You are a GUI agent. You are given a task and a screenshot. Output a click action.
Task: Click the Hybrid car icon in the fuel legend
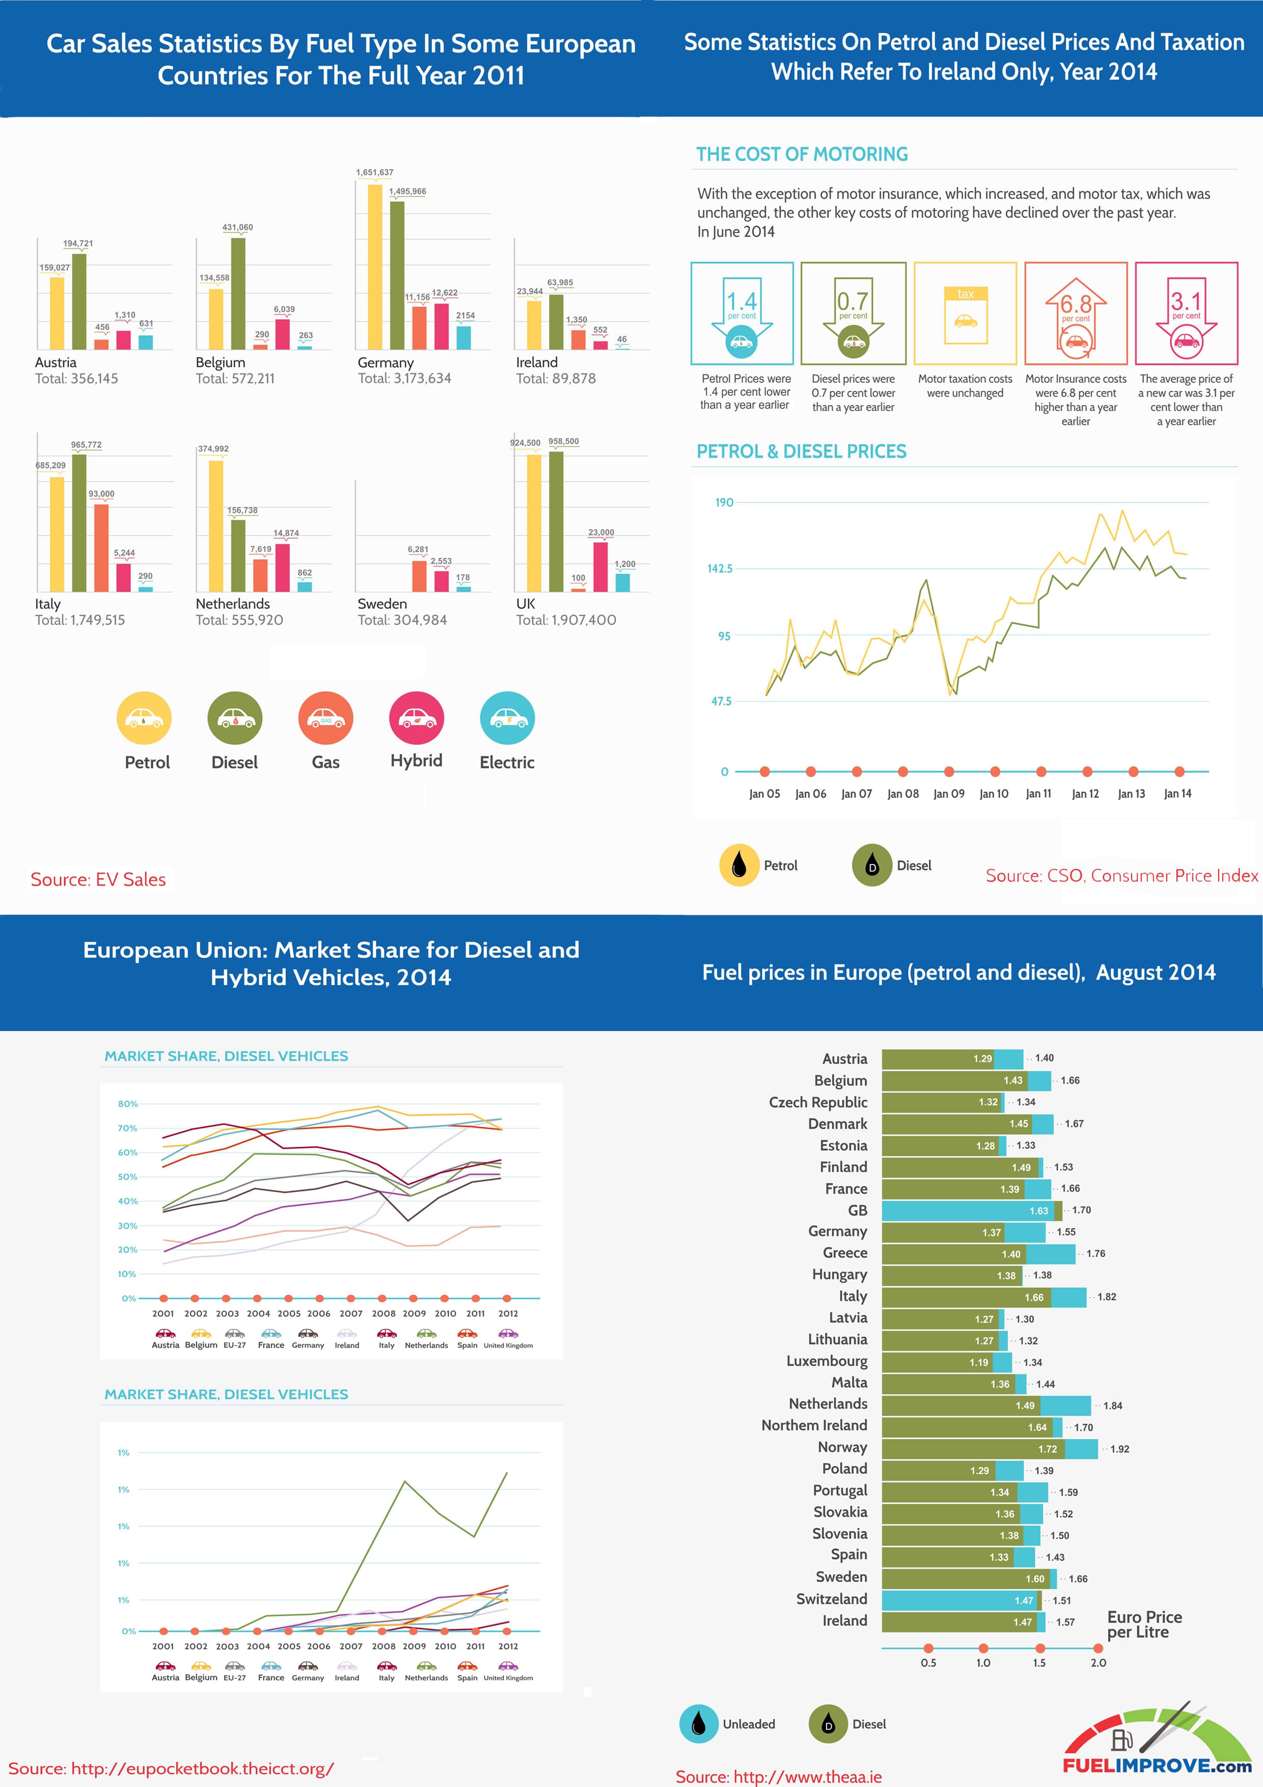pyautogui.click(x=416, y=718)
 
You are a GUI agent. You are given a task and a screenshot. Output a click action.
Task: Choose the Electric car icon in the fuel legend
pyautogui.click(x=507, y=718)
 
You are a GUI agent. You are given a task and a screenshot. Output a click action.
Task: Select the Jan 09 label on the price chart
pyautogui.click(x=949, y=794)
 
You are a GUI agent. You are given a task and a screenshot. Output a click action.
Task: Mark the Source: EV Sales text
pyautogui.click(x=98, y=879)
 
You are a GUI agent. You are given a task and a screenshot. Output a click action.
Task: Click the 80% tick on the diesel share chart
pyautogui.click(x=128, y=1104)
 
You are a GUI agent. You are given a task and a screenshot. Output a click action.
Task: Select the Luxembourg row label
pyautogui.click(x=827, y=1361)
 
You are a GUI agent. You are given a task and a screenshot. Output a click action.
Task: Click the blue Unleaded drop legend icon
pyautogui.click(x=698, y=1724)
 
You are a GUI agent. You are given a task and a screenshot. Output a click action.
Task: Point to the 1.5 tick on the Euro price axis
pyautogui.click(x=1039, y=1663)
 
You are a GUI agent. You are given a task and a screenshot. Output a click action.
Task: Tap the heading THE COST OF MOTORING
pyautogui.click(x=802, y=154)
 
